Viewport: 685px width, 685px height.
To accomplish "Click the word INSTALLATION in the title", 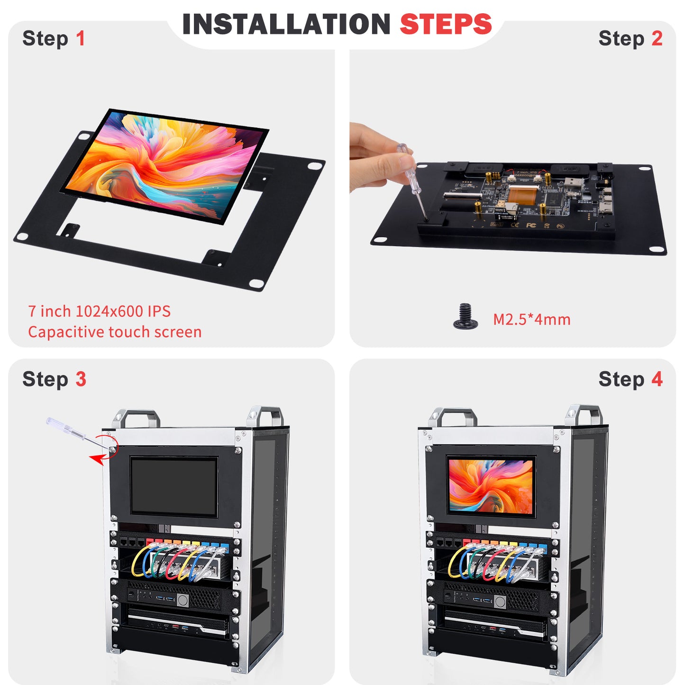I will [x=286, y=25].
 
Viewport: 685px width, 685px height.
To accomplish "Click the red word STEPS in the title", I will [x=446, y=25].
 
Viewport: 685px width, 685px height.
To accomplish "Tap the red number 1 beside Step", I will [x=81, y=38].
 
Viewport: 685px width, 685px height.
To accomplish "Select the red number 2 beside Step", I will [x=657, y=38].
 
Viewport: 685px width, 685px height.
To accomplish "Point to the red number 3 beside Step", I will [x=81, y=379].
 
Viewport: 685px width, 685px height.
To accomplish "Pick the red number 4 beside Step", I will [x=657, y=379].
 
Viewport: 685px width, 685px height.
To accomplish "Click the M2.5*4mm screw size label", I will [x=531, y=319].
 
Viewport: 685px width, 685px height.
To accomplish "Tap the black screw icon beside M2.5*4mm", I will [x=465, y=317].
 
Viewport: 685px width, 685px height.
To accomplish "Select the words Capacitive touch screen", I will [x=115, y=332].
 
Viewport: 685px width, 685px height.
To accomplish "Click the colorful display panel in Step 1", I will [x=164, y=164].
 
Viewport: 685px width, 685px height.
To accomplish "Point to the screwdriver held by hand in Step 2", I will [x=412, y=180].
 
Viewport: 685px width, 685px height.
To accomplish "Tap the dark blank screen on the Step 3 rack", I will [x=174, y=486].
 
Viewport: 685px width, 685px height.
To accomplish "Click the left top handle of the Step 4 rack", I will [x=452, y=417].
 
